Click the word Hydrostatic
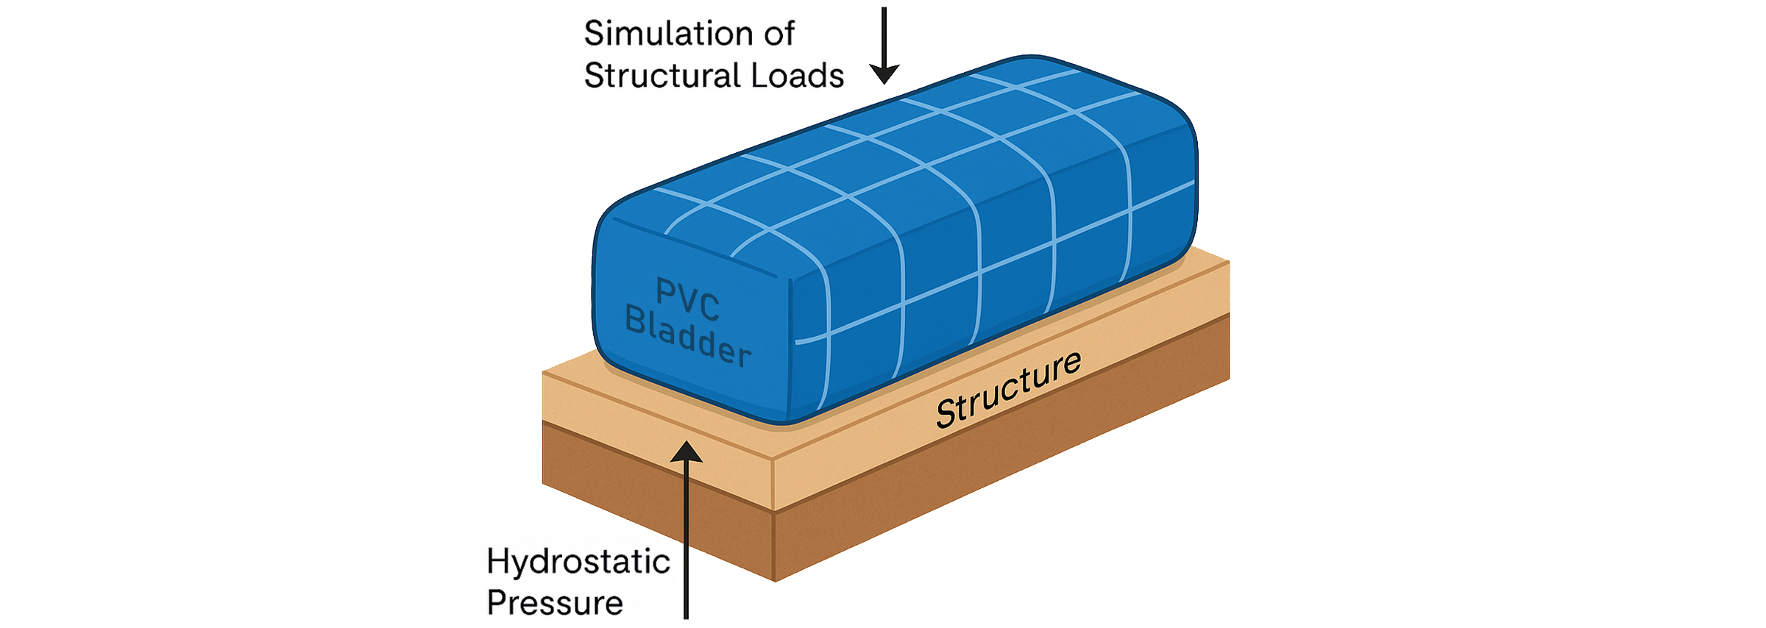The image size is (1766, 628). pos(578,563)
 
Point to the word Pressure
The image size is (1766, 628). pos(555,604)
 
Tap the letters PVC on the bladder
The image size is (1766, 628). pos(687,300)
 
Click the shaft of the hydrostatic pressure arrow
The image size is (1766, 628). pos(686,544)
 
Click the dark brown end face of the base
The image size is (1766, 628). pos(655,500)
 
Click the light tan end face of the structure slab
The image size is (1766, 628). pos(655,427)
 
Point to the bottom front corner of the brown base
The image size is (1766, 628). pos(775,579)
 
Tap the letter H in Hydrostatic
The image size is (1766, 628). pos(498,563)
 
